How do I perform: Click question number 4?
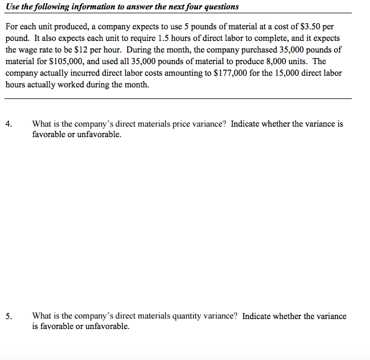tap(9, 124)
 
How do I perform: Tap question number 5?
tap(9, 316)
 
